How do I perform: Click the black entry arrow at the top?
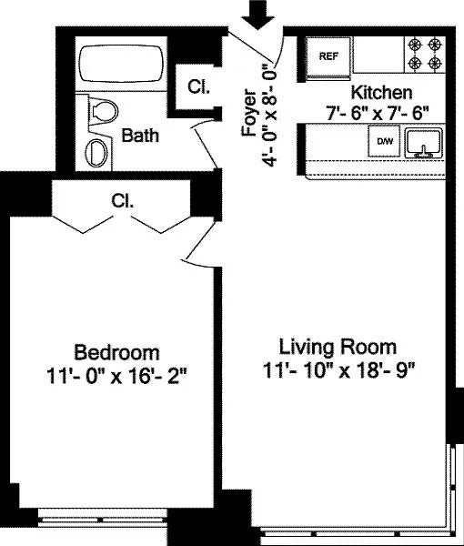(258, 15)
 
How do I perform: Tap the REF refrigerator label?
(328, 56)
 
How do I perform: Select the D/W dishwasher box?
(385, 141)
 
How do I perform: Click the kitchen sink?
(424, 143)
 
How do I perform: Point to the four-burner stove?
(425, 54)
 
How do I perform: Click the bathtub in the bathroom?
(121, 64)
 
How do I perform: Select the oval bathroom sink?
(96, 153)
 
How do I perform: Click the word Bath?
(140, 135)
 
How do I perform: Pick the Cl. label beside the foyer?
(198, 86)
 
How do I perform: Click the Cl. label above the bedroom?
(123, 201)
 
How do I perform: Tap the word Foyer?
(249, 113)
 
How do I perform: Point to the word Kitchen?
(381, 93)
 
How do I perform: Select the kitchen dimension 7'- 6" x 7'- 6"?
(377, 113)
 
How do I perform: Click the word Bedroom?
(117, 352)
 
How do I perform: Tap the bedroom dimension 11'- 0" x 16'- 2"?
(117, 376)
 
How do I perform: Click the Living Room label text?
(338, 348)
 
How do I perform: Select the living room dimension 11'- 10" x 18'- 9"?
(338, 370)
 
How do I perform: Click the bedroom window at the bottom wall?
(102, 517)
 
